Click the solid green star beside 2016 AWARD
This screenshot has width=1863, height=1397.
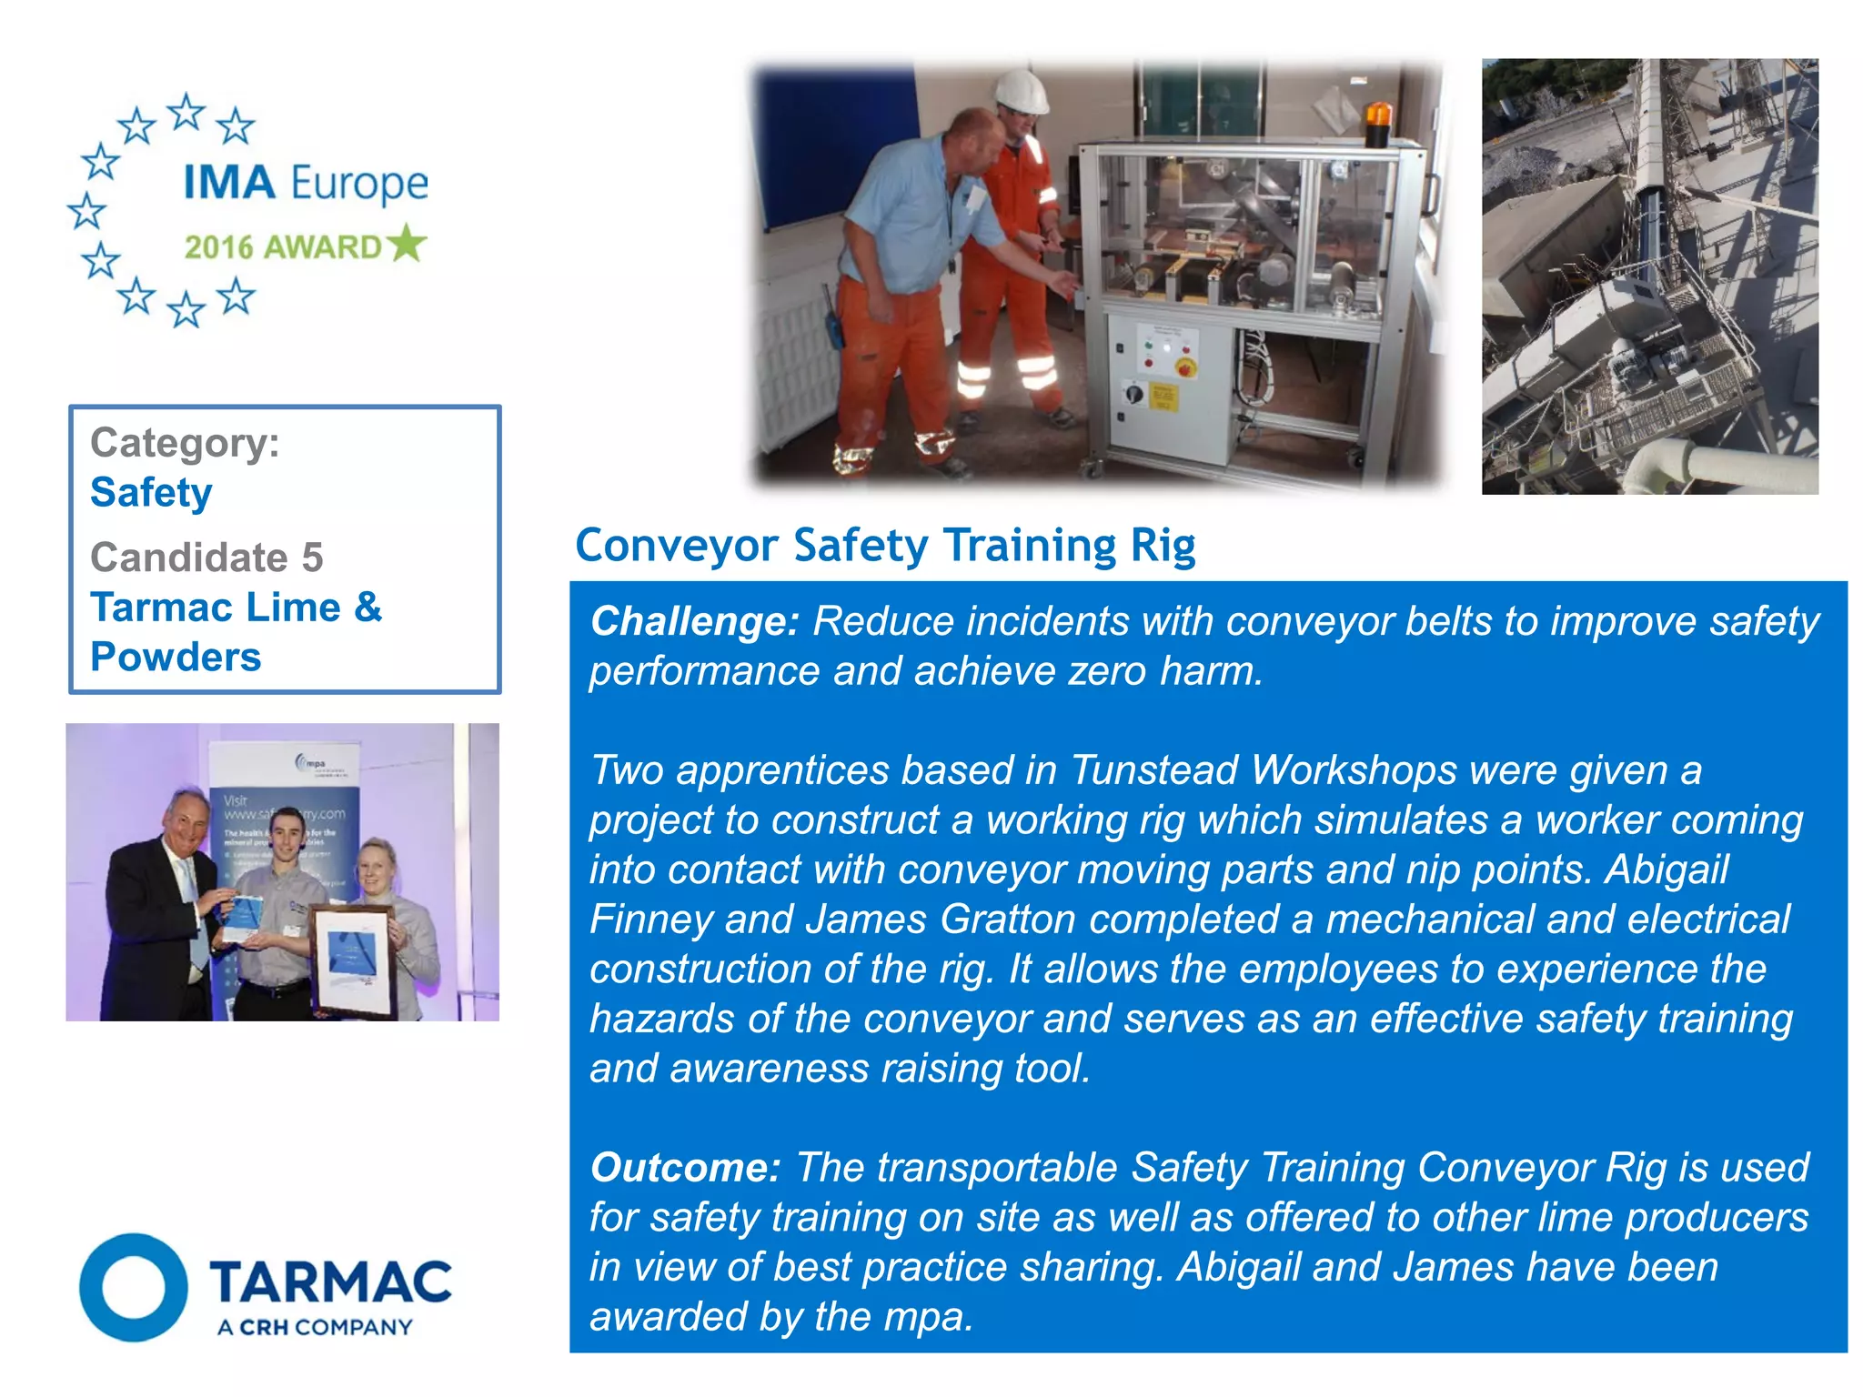tap(406, 244)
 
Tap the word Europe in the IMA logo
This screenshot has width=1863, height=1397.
tap(360, 184)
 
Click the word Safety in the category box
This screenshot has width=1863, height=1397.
tap(151, 493)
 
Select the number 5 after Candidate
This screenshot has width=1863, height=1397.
tap(312, 558)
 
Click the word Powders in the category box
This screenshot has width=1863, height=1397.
tap(176, 657)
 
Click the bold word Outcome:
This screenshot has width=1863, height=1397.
tap(685, 1168)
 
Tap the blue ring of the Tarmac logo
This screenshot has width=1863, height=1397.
tap(134, 1287)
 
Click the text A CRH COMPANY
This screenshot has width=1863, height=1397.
tap(315, 1328)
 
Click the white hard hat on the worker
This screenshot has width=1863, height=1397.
tap(1021, 92)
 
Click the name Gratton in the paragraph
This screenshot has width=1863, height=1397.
tap(1008, 920)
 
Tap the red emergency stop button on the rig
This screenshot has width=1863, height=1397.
tap(1185, 367)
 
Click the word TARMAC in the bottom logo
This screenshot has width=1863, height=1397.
tap(330, 1281)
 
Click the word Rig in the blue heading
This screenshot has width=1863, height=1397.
tap(1163, 546)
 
